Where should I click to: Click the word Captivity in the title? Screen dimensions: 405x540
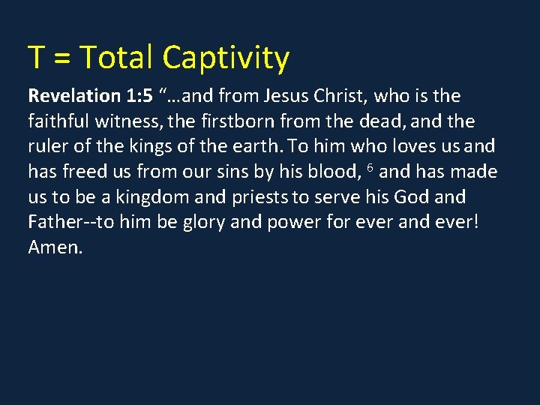(225, 58)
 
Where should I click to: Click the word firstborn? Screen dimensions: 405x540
(236, 121)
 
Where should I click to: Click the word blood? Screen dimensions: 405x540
(327, 172)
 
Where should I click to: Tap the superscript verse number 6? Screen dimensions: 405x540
(370, 167)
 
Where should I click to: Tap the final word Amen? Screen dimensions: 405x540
(55, 247)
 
